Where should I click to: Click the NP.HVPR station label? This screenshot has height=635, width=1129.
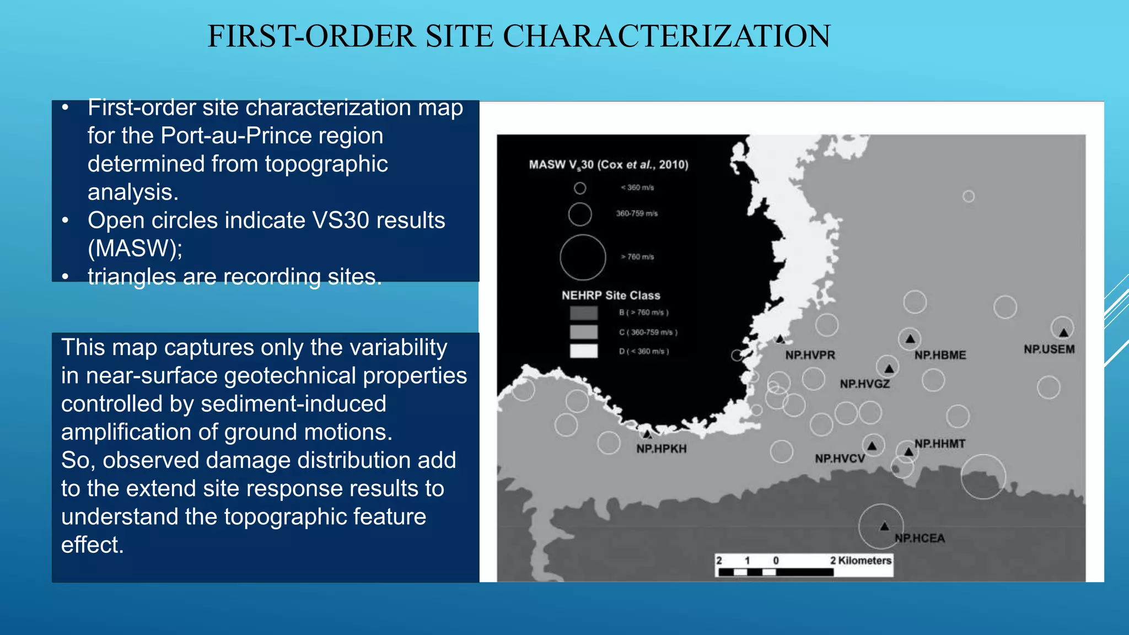pyautogui.click(x=810, y=355)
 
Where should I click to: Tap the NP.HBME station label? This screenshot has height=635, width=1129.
pyautogui.click(x=940, y=355)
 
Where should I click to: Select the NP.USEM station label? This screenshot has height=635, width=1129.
pyautogui.click(x=1049, y=349)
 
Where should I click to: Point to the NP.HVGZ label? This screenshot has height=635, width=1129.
pyautogui.click(x=864, y=384)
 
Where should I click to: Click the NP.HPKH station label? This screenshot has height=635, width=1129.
pyautogui.click(x=661, y=449)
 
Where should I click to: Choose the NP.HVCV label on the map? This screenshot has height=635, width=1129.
pyautogui.click(x=840, y=459)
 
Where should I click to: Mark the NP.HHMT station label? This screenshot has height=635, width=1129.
pyautogui.click(x=940, y=444)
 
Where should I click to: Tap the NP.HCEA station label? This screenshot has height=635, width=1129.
pyautogui.click(x=920, y=538)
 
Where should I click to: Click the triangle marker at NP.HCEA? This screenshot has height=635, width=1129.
pyautogui.click(x=884, y=526)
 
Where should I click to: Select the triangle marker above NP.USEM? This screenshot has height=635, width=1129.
pyautogui.click(x=1063, y=332)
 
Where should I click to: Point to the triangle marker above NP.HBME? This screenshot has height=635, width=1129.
pyautogui.click(x=910, y=338)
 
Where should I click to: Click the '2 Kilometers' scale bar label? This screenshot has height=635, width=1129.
pyautogui.click(x=861, y=561)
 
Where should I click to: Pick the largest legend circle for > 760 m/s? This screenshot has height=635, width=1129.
pyautogui.click(x=583, y=257)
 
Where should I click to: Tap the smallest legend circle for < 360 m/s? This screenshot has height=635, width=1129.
pyautogui.click(x=580, y=189)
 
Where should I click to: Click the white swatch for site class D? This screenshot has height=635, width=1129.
pyautogui.click(x=583, y=351)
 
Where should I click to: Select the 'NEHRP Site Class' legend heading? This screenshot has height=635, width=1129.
pyautogui.click(x=611, y=295)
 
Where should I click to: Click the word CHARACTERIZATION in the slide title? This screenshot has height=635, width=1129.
pyautogui.click(x=666, y=36)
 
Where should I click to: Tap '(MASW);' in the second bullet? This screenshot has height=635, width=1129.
pyautogui.click(x=135, y=248)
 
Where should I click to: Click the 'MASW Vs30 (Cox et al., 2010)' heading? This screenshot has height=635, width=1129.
pyautogui.click(x=609, y=164)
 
